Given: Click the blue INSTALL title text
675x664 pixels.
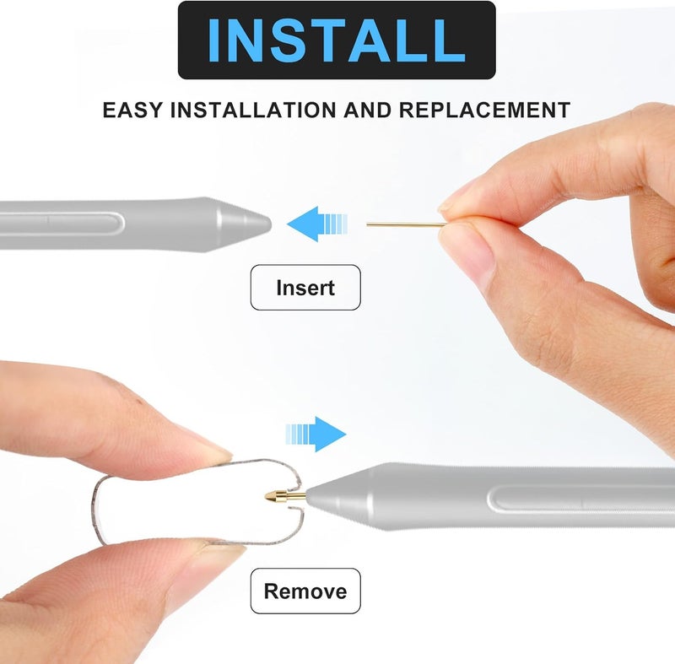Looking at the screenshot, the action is click(336, 40).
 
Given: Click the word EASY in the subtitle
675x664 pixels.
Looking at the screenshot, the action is click(132, 111).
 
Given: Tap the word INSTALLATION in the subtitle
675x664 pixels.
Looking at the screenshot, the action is click(254, 111).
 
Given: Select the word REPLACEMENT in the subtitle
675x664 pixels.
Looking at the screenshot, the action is click(484, 111).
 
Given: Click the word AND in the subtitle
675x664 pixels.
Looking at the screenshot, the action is click(368, 111).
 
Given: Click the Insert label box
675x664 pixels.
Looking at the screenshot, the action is click(305, 288).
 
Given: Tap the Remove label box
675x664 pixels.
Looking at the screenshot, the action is click(305, 591).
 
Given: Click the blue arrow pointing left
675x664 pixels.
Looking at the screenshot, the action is click(317, 224).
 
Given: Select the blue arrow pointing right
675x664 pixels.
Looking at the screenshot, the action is click(316, 434).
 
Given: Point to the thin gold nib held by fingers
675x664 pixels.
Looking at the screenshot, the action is click(405, 224).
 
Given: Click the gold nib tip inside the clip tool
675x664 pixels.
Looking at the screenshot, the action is click(285, 497).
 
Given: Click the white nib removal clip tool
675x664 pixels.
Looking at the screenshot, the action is click(198, 502).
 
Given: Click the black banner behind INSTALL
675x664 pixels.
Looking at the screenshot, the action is click(337, 40).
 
